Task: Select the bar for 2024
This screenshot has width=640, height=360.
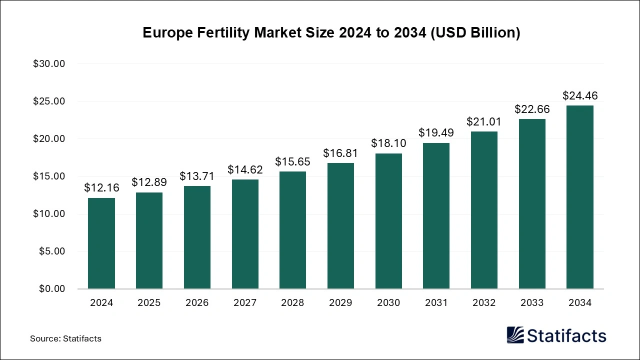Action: coord(101,243)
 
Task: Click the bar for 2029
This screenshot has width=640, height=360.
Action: coord(340,226)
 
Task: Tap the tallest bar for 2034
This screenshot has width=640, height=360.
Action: coord(579,197)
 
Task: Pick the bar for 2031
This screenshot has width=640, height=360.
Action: coord(436,216)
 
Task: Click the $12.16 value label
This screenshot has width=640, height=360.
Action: coord(101,188)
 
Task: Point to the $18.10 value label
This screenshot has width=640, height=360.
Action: coord(388,143)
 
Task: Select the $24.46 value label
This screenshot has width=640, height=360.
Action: coord(579,95)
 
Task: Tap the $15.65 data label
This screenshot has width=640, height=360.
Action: coord(292,162)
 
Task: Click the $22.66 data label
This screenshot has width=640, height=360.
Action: coord(532,109)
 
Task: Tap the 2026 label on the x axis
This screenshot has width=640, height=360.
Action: coord(197,303)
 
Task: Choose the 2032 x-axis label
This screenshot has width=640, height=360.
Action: coord(484,303)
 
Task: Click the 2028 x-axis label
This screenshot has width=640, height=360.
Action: coord(292,303)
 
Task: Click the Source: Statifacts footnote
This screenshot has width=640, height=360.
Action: coord(65,338)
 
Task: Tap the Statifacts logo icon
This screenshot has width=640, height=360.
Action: coord(515,335)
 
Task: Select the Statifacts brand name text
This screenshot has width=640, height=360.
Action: coord(566,335)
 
